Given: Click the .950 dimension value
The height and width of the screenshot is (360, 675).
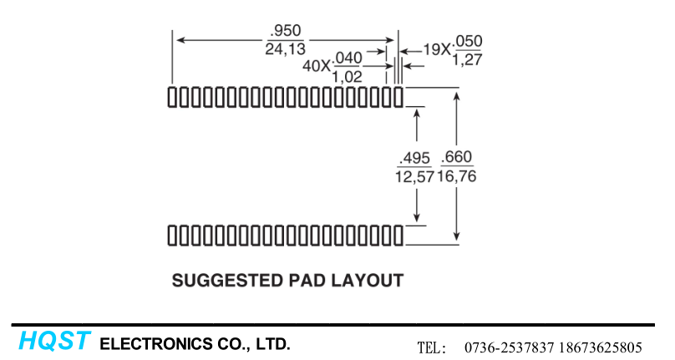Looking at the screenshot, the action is [286, 31].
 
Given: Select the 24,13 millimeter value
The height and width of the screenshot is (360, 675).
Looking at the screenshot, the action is [286, 49].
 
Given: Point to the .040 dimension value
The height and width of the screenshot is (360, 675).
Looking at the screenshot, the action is [347, 58].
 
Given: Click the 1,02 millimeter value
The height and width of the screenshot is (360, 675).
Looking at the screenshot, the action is [347, 76].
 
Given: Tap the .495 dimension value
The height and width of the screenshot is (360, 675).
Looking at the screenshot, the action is [414, 159].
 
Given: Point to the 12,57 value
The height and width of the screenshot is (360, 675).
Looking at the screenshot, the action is [414, 176].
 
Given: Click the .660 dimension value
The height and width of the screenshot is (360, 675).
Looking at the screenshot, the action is [458, 159].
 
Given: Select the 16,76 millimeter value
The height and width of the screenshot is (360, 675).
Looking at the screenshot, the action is [458, 176].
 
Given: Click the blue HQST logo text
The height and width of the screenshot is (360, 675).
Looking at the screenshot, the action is [54, 342].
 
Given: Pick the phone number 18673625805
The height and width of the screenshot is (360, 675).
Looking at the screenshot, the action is [599, 347].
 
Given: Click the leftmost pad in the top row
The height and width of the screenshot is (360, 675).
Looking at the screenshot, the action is [172, 96].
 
